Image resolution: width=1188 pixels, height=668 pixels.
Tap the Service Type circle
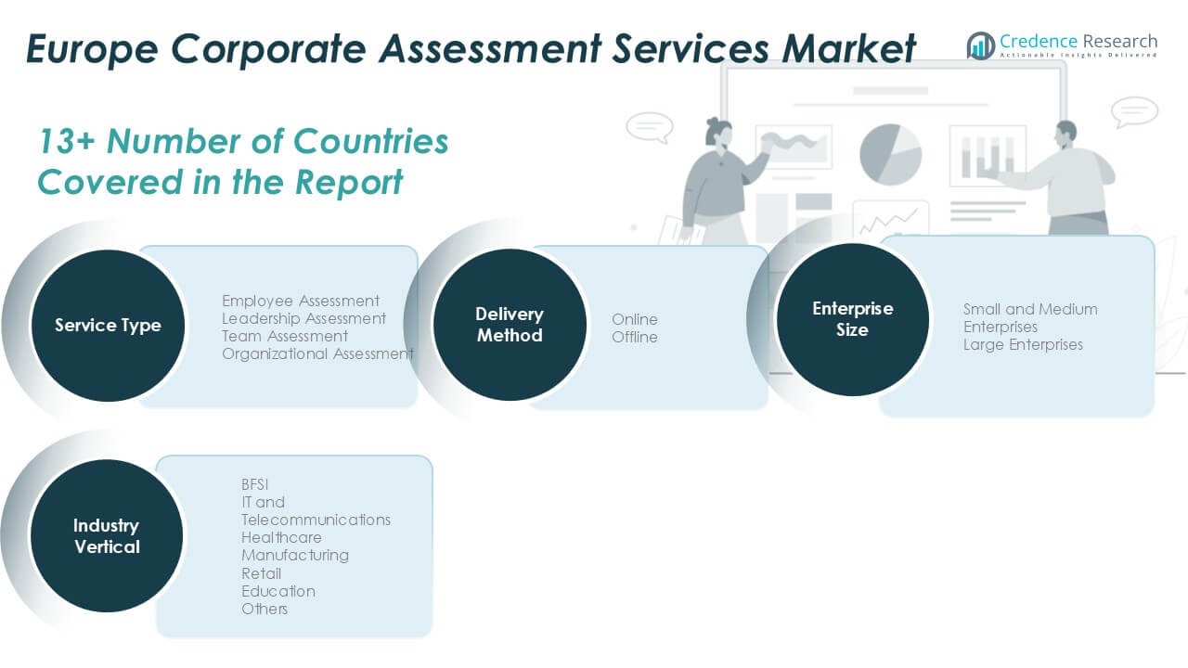(108, 325)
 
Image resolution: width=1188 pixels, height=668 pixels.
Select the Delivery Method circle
(510, 325)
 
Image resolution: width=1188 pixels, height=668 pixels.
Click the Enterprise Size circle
(852, 319)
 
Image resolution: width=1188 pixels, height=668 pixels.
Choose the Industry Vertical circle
(107, 536)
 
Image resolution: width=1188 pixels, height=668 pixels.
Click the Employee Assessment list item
(301, 301)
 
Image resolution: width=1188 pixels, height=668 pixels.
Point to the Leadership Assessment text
(303, 318)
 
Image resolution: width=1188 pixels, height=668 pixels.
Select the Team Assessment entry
(285, 336)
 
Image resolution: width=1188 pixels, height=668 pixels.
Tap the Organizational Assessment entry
(317, 353)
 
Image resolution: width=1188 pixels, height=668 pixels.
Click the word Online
(635, 319)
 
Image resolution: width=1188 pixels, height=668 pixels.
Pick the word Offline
(635, 337)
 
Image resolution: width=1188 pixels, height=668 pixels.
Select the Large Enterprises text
(1023, 344)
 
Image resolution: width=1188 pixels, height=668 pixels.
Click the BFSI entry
(255, 484)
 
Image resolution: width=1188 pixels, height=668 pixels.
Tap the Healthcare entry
(281, 537)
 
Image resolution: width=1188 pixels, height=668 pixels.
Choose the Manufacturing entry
(295, 555)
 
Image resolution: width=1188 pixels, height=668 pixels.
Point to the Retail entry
(261, 573)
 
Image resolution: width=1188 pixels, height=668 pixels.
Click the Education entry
(278, 591)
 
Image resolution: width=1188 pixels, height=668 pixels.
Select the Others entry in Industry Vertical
(265, 609)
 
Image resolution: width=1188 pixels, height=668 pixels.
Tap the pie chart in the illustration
(890, 153)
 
